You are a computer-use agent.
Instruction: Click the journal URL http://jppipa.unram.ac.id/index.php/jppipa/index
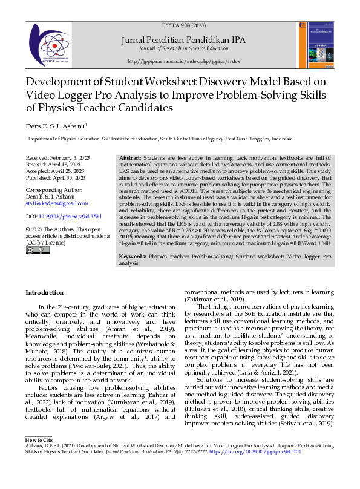coord(184,61)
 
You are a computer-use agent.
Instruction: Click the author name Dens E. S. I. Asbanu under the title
coord(56,126)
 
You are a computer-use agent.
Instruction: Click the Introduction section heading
coord(44,293)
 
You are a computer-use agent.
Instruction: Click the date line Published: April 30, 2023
coord(56,178)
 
